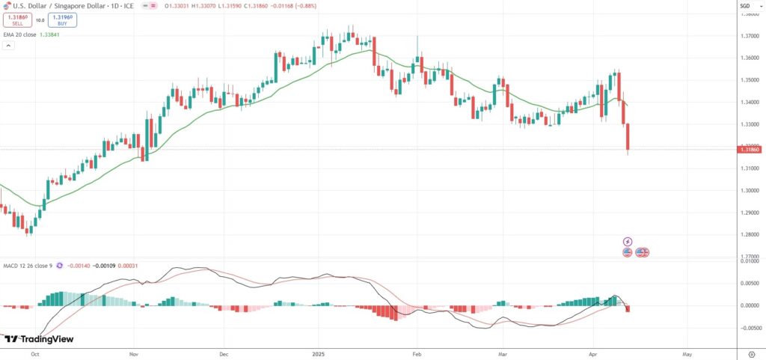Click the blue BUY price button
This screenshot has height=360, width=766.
pos(61,20)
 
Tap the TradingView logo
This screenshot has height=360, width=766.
pos(39,339)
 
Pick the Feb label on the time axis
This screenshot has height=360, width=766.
pos(417,352)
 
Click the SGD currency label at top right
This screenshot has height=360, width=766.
pos(745,6)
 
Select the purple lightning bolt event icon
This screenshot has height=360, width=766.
pos(628,242)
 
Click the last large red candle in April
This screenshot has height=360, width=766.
pos(628,138)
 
